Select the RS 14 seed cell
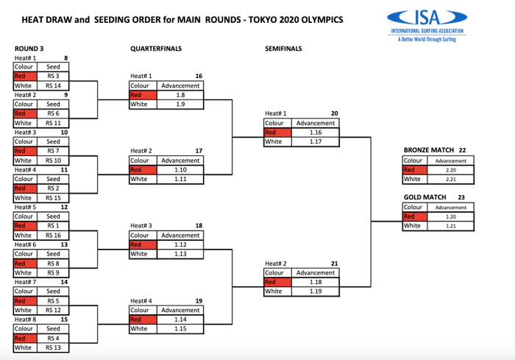coord(53,85)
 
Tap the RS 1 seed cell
coord(53,226)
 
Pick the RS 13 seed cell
coord(53,347)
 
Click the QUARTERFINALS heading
coord(156,49)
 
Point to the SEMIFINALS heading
coord(283,49)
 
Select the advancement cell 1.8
coord(180,95)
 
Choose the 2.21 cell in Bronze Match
coord(451,179)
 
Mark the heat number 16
coord(199,76)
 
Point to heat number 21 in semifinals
coord(334,263)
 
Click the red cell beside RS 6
coord(24,113)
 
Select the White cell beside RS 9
coord(24,272)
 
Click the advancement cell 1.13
coord(180,254)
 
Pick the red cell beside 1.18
coord(277,282)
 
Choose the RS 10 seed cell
coord(53,160)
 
